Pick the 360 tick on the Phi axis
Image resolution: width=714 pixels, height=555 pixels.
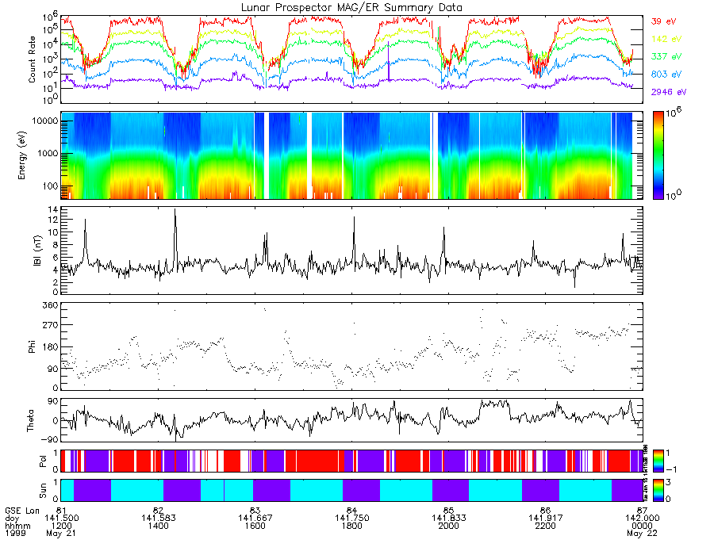point(50,304)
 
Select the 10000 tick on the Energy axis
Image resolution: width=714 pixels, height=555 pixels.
point(44,121)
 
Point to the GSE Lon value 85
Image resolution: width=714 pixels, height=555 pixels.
point(448,508)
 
